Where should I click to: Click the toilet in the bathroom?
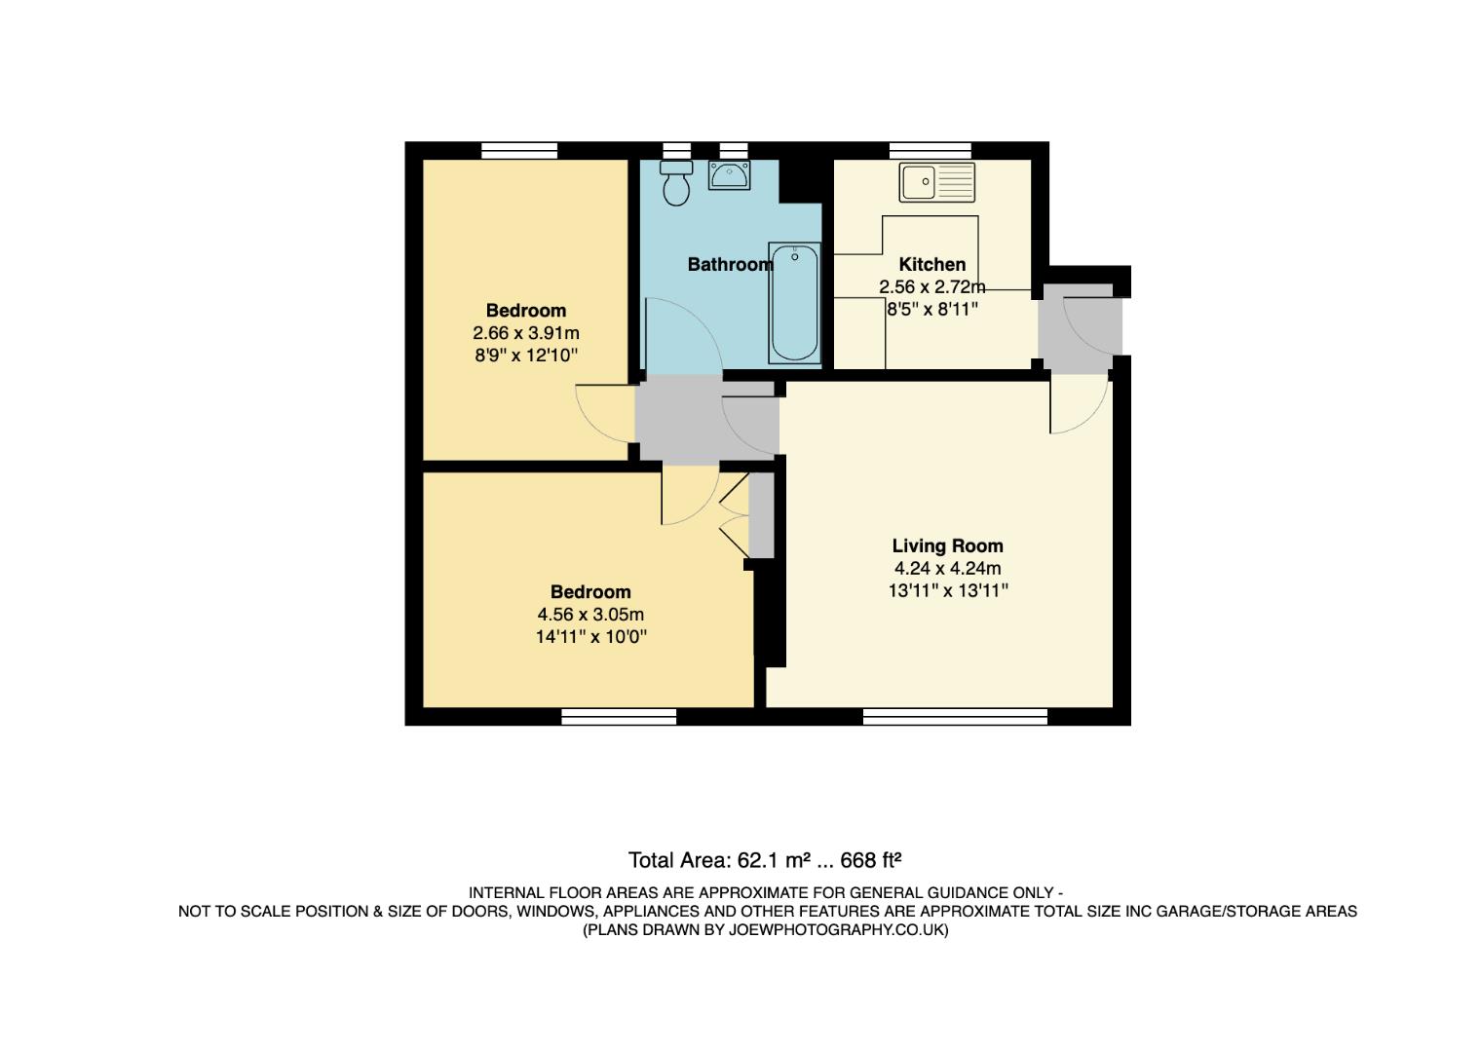675,183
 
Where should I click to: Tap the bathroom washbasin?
729,175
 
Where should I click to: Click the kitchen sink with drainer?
936,182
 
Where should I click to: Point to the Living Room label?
947,546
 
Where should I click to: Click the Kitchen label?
931,264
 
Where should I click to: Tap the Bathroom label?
730,264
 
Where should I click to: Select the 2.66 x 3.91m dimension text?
526,333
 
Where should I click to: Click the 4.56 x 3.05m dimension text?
590,615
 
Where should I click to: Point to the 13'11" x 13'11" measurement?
947,590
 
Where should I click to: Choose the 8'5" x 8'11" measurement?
931,309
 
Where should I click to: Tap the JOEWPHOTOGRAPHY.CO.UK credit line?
765,930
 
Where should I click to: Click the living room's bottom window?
955,717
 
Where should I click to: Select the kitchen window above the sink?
930,150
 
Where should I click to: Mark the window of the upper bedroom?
519,150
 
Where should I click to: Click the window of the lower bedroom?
619,717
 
